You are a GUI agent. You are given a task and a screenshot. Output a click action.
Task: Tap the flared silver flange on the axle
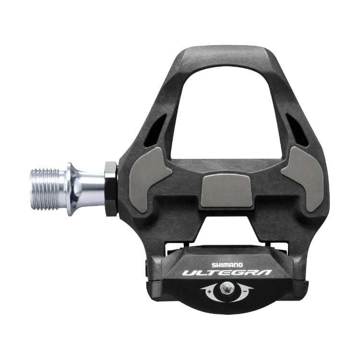click(73, 189)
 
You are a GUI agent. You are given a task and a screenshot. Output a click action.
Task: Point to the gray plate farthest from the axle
click(304, 177)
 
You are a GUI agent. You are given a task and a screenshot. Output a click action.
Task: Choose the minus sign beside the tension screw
click(244, 290)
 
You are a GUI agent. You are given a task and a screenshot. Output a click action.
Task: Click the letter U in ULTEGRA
click(189, 274)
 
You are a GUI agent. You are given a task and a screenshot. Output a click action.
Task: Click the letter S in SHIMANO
click(213, 264)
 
